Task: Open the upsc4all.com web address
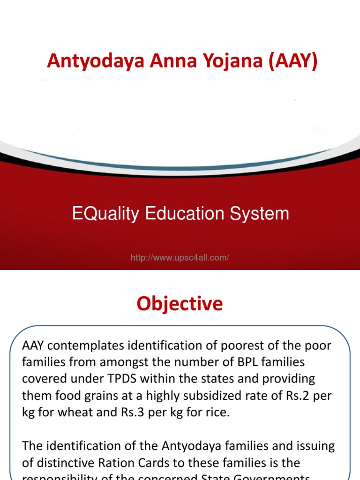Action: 180,257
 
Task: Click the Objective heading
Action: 180,304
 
